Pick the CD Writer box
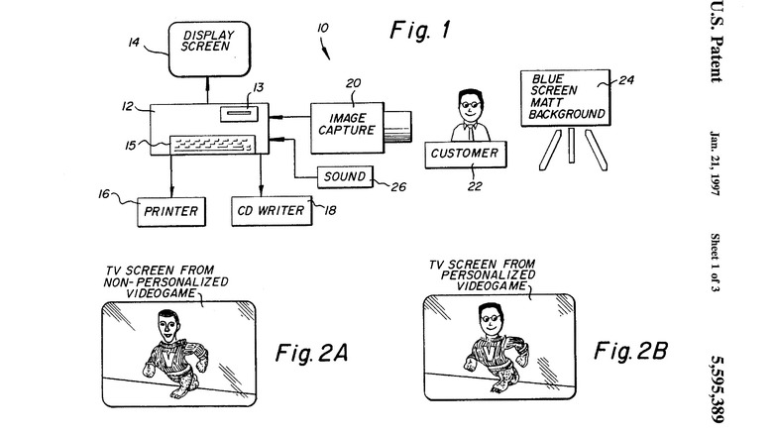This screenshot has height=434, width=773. [x=271, y=210]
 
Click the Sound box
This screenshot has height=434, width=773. [x=342, y=178]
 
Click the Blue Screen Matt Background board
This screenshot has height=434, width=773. [x=566, y=99]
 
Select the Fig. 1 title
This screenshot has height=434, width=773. [x=420, y=32]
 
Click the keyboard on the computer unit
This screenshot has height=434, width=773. [x=209, y=144]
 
